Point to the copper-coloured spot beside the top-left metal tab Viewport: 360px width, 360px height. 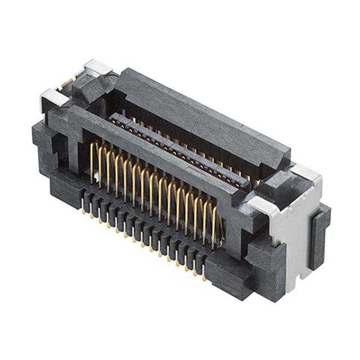coord(66,83)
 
